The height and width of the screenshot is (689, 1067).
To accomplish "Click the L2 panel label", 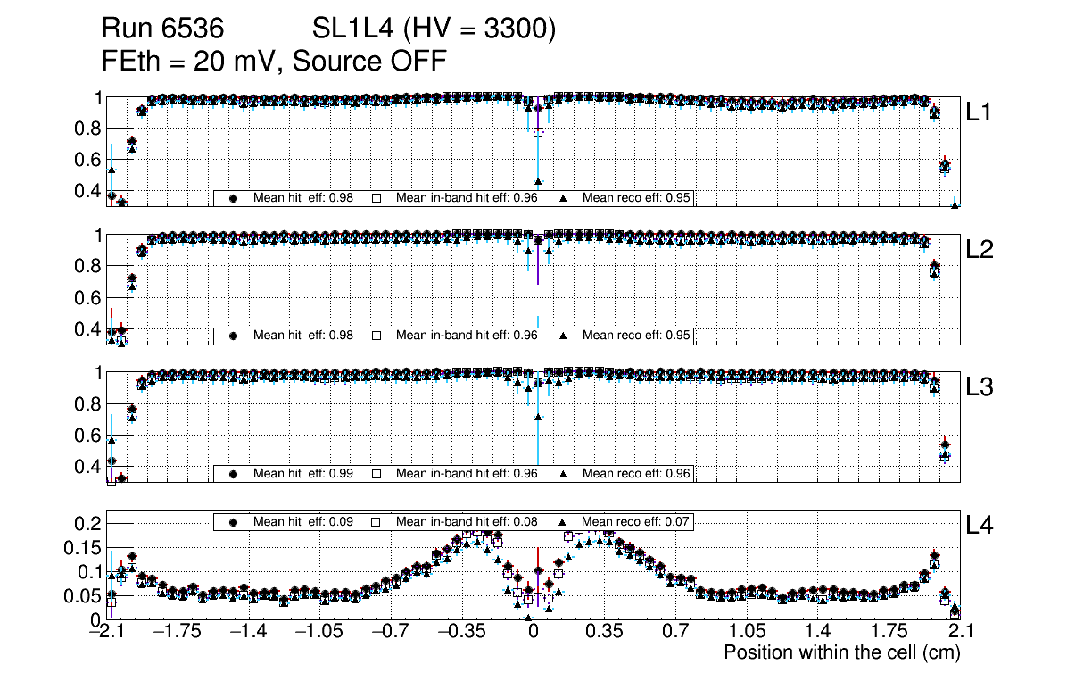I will point(980,250).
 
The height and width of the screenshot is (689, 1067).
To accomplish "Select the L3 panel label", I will point(980,387).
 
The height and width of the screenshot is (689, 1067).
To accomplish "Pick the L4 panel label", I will point(980,527).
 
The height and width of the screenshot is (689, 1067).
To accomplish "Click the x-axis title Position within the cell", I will point(841,652).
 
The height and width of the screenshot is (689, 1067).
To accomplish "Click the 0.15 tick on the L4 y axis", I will point(87,547).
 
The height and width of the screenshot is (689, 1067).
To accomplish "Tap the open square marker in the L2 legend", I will point(376,336).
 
